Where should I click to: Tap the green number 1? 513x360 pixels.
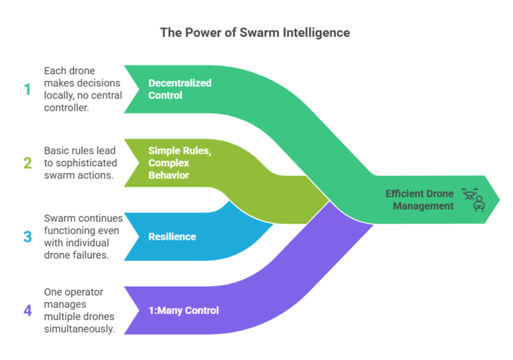coord(27,89)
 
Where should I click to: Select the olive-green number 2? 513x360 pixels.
coord(27,162)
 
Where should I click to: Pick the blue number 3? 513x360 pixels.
coord(27,236)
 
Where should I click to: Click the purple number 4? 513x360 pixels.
coord(27,310)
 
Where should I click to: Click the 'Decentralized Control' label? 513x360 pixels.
coord(180,89)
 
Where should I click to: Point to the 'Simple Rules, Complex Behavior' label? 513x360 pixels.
coord(180,162)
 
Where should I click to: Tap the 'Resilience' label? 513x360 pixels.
coord(172,236)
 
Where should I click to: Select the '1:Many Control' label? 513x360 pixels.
coord(184,310)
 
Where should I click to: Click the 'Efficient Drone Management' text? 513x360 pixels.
coord(419,200)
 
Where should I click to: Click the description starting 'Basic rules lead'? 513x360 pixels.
coord(80,162)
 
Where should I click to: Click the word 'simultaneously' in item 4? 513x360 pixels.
coord(80,328)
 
